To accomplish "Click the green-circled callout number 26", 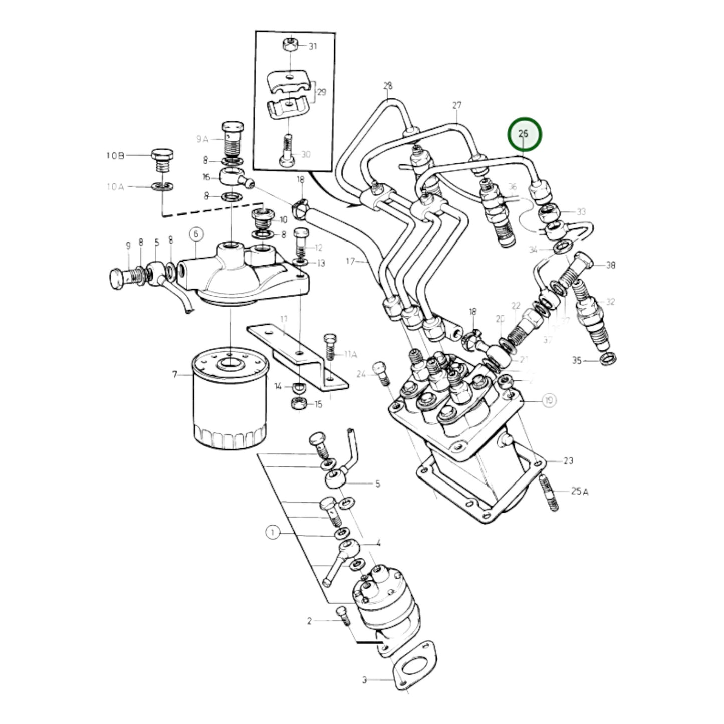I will [524, 134].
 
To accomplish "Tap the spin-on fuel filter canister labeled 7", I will [229, 400].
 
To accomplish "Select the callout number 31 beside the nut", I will [313, 47].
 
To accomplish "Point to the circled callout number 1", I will [272, 533].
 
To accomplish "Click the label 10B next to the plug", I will [115, 156].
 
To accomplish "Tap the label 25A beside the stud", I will [579, 492].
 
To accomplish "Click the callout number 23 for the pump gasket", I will [568, 460].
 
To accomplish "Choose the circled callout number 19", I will [550, 400].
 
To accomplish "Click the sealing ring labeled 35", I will [608, 358].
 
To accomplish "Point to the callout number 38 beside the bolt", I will [610, 265].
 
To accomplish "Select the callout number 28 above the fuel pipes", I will [388, 86].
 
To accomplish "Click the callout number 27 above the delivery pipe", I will [456, 106].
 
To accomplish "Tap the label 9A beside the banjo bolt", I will [202, 139].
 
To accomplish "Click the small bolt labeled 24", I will [383, 373].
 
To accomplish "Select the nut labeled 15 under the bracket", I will [298, 404].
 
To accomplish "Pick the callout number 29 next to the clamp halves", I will [321, 92].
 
